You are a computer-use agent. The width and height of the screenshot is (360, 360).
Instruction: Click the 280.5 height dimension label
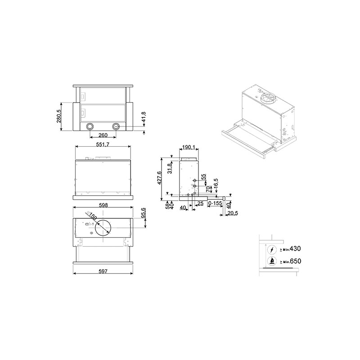coord(59,116)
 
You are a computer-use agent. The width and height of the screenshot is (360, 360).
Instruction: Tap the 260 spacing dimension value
coord(103,135)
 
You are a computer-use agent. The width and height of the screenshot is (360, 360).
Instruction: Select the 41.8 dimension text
coord(144,117)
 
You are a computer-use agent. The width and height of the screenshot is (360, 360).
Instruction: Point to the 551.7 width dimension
coord(103,144)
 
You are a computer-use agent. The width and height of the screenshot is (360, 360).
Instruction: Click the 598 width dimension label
coord(103,205)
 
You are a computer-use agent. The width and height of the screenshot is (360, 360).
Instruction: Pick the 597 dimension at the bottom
coord(103,271)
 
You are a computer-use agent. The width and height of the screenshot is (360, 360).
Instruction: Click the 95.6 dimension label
coord(144,213)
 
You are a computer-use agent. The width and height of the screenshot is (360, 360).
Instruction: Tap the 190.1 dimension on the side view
coord(189,147)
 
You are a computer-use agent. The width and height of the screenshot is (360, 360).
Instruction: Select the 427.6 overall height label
coord(160,178)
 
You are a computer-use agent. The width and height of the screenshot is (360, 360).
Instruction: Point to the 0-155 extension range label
coord(216,203)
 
